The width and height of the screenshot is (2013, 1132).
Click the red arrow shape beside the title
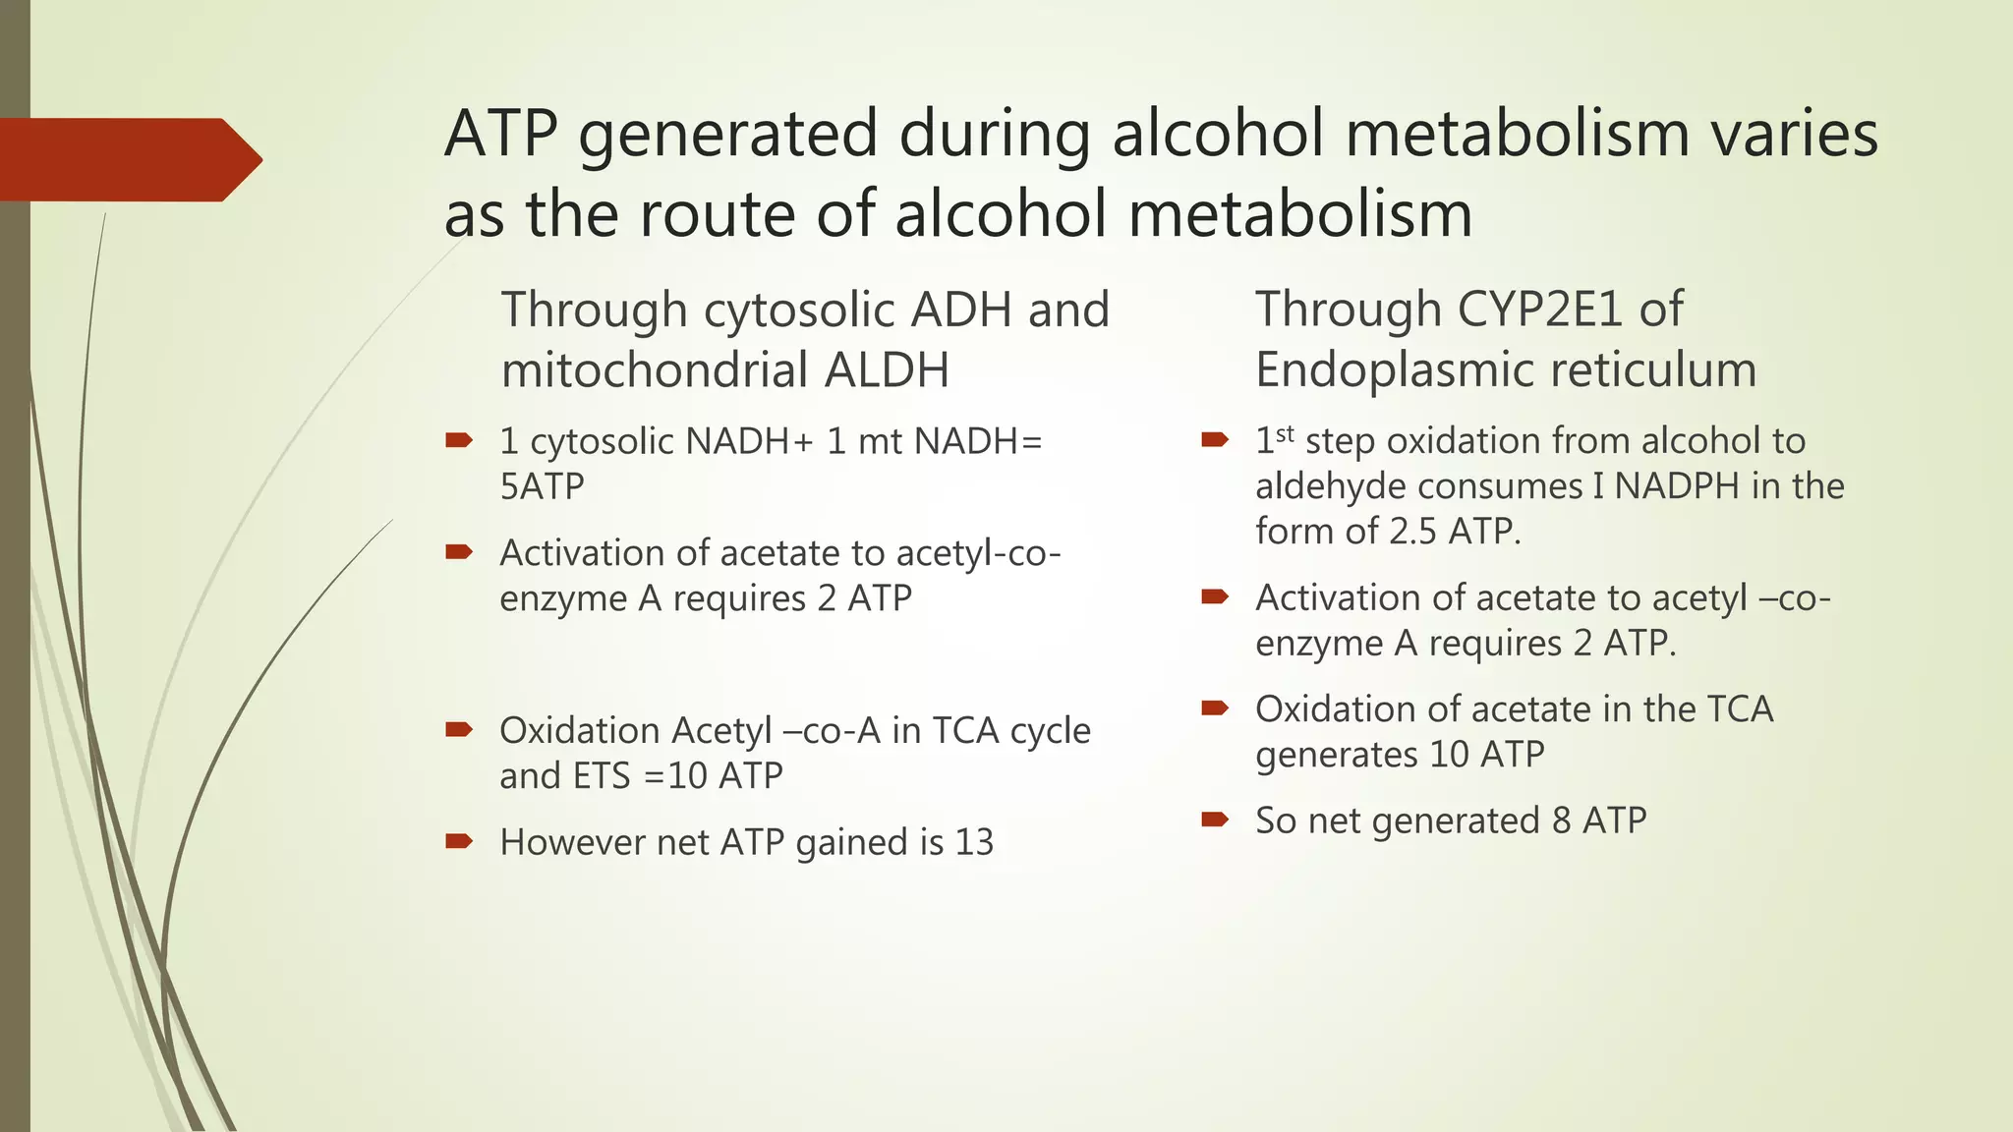click(128, 159)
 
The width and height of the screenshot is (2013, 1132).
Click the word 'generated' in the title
click(727, 135)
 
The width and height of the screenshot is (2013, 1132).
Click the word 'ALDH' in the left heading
click(887, 371)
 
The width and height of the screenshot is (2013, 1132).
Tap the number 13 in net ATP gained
click(974, 843)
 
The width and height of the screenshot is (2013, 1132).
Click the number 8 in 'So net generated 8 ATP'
click(1561, 821)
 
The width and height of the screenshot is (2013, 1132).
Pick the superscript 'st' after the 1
click(1285, 433)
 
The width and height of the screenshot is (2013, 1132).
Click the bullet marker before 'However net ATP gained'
click(459, 841)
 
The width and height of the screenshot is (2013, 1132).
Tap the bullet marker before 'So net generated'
click(1215, 819)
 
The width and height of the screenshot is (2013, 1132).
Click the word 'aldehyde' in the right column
click(1329, 486)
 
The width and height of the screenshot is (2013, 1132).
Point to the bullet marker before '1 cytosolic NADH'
click(459, 440)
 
